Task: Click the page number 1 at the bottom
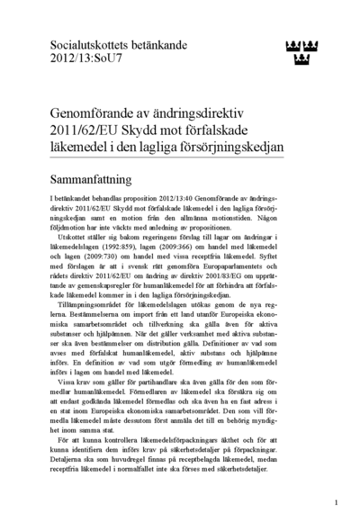pyautogui.click(x=336, y=502)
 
